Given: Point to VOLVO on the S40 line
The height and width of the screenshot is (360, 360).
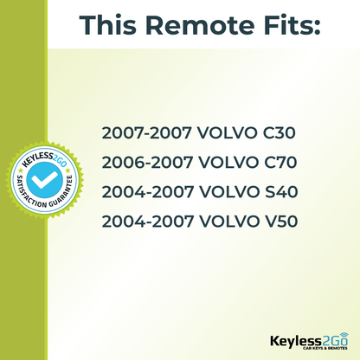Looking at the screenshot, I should coord(224,192).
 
